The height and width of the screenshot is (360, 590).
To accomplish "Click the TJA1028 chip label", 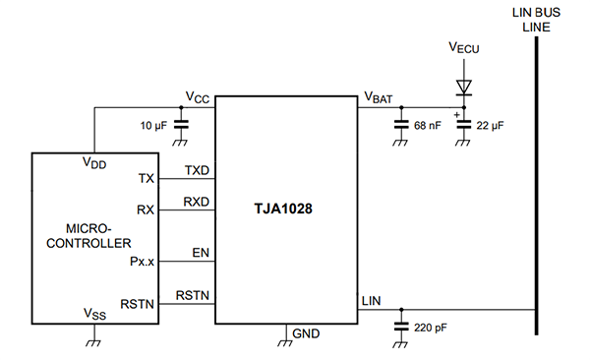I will (x=285, y=209).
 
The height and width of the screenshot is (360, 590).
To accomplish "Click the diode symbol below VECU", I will (x=461, y=88).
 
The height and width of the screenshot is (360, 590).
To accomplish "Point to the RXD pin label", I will (x=198, y=202).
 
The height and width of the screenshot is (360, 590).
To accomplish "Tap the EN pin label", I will (x=202, y=252).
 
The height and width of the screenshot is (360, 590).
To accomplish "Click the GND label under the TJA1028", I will (x=306, y=334).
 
